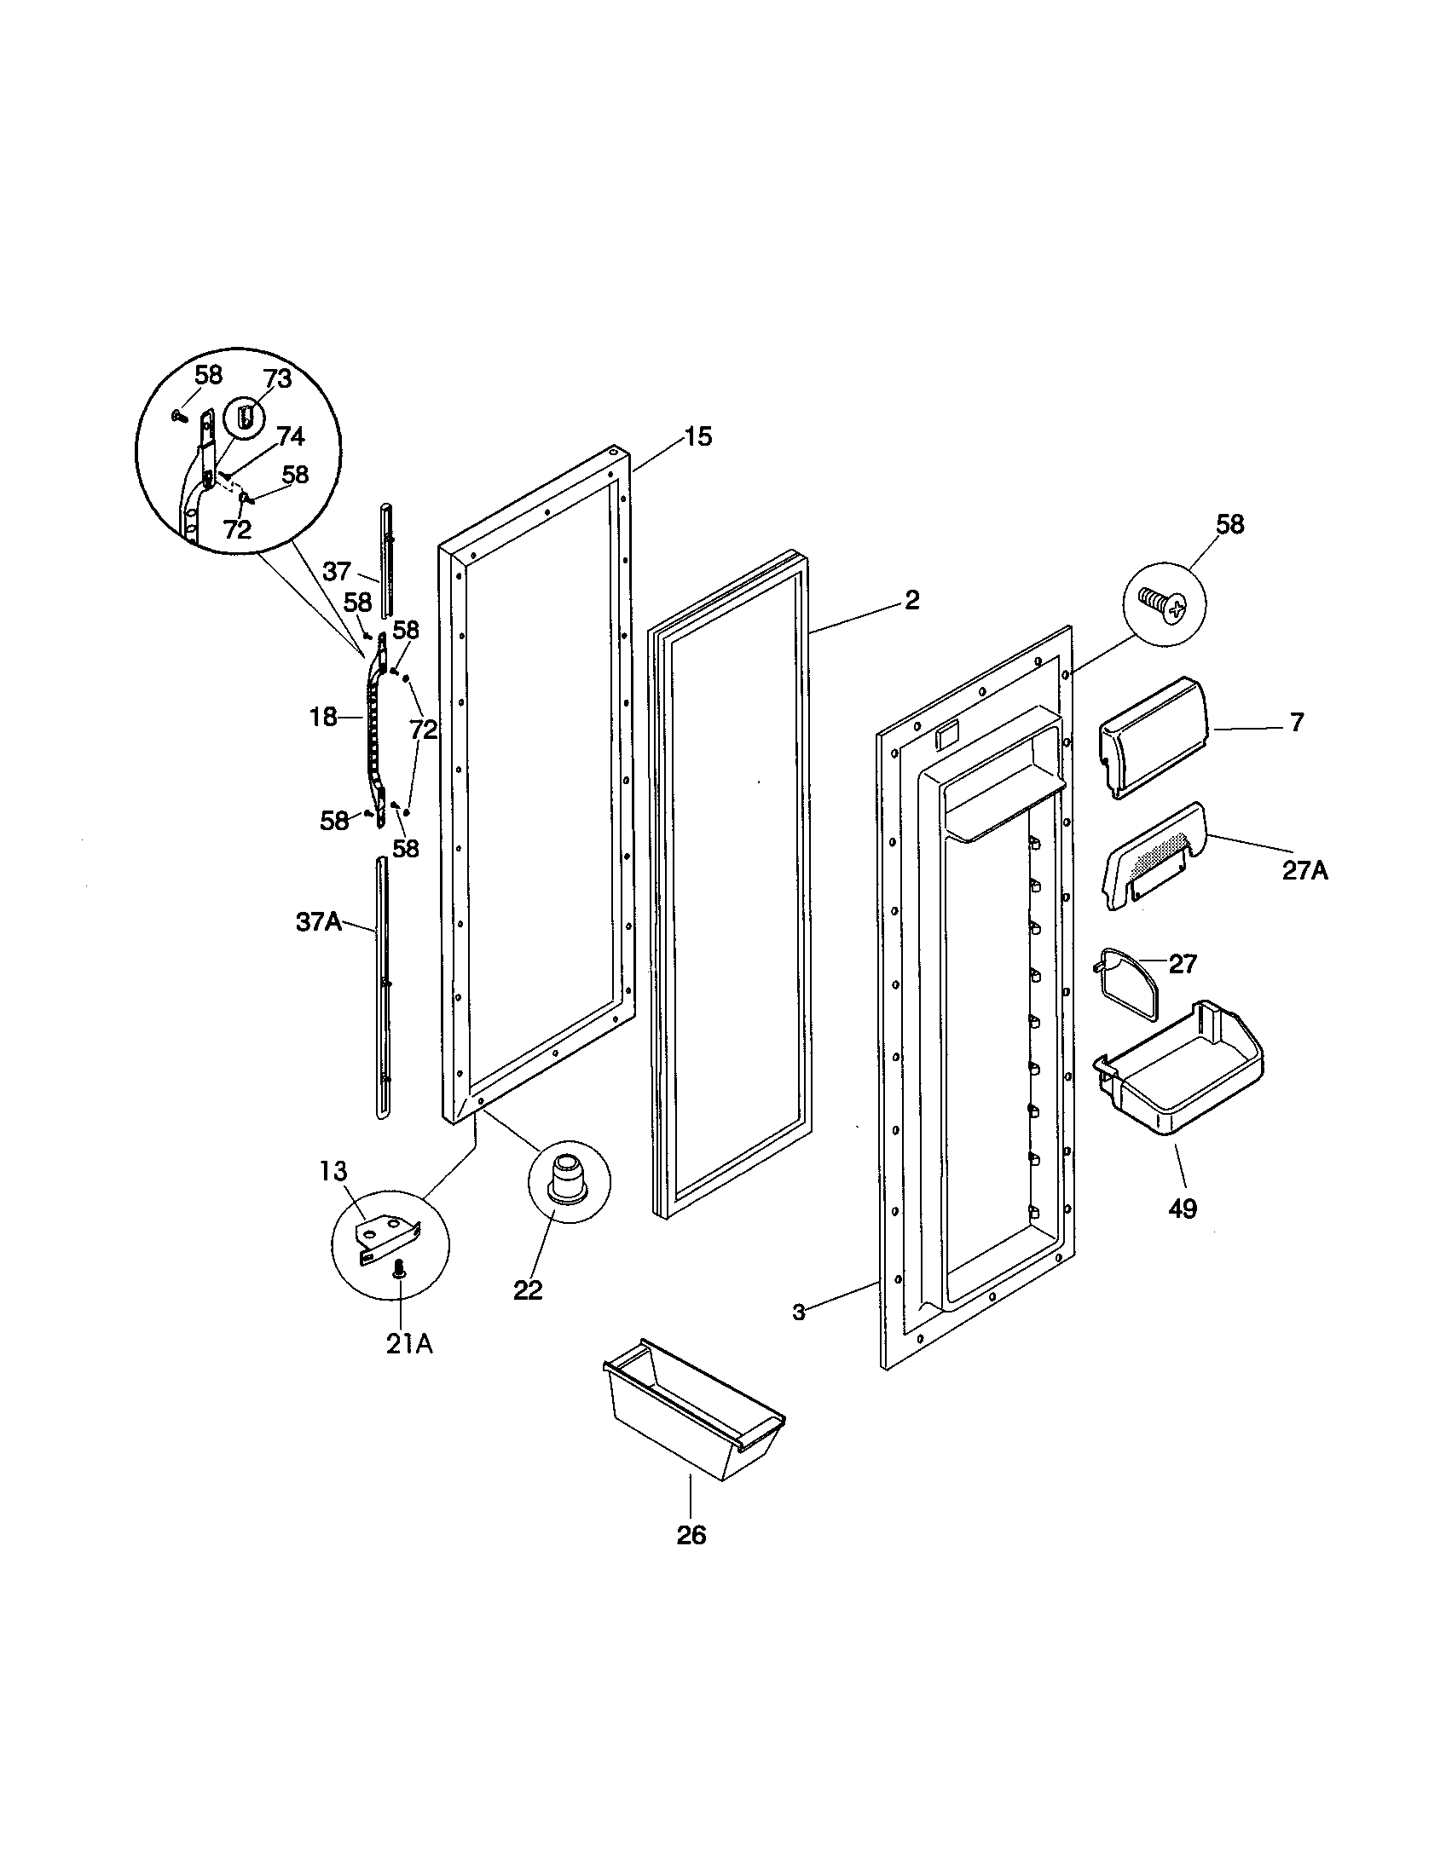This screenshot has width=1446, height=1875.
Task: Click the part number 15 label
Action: (698, 437)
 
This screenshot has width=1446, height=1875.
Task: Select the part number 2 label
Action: (911, 600)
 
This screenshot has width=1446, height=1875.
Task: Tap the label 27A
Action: (1304, 870)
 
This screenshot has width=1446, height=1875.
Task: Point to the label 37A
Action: (319, 923)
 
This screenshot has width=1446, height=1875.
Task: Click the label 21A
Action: (408, 1344)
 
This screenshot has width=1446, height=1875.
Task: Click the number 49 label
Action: (1182, 1209)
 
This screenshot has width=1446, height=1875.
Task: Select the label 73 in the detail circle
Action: (277, 378)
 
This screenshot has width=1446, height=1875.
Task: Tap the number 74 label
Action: (290, 436)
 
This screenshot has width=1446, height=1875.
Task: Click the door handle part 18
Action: (375, 730)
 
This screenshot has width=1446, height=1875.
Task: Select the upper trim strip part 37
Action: (386, 558)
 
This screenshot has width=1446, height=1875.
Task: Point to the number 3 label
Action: (799, 1312)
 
